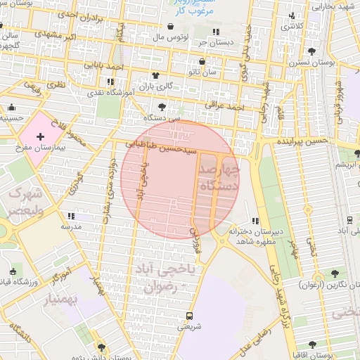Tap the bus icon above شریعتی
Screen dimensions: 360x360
(x=188, y=316)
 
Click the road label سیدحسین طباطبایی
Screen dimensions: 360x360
(x=158, y=146)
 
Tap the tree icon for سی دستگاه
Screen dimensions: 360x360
(x=163, y=107)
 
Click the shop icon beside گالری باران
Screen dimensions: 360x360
(x=155, y=75)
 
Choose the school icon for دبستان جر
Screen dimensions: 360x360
(x=215, y=32)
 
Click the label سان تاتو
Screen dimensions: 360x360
(x=193, y=72)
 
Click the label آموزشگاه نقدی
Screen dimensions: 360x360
(x=104, y=92)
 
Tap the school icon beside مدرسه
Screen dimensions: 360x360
(x=70, y=216)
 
